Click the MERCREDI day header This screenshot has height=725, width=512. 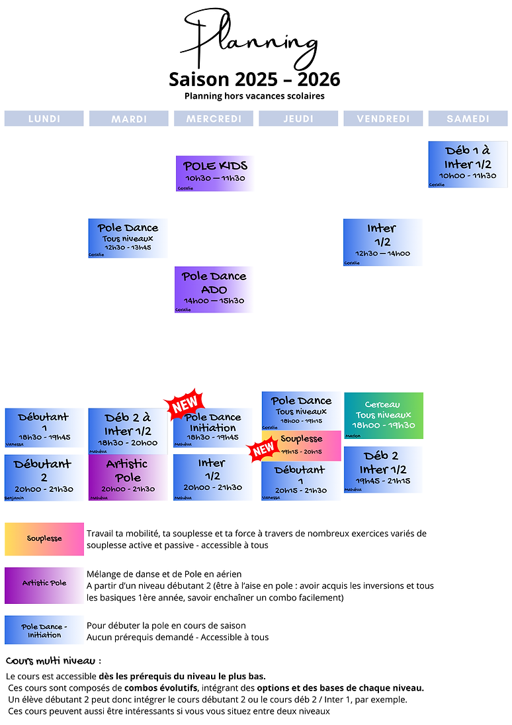click(x=214, y=119)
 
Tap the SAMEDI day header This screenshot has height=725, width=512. click(x=468, y=119)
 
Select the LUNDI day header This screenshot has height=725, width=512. click(x=44, y=119)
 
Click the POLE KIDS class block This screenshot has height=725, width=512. click(x=215, y=173)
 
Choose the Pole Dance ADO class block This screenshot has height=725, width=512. click(x=214, y=289)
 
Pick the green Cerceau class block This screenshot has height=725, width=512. click(x=384, y=415)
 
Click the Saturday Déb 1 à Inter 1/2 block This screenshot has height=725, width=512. click(x=468, y=164)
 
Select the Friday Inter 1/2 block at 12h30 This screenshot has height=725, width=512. click(x=382, y=242)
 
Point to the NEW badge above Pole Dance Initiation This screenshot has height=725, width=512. click(x=185, y=403)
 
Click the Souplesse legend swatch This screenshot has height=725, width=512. click(x=44, y=539)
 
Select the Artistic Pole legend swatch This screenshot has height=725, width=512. click(x=44, y=583)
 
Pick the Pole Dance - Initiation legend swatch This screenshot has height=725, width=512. click(x=44, y=630)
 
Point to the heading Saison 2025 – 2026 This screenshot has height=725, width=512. click(x=255, y=79)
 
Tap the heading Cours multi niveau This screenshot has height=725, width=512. click(x=54, y=661)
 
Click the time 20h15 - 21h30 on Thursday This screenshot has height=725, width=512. click(x=301, y=491)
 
